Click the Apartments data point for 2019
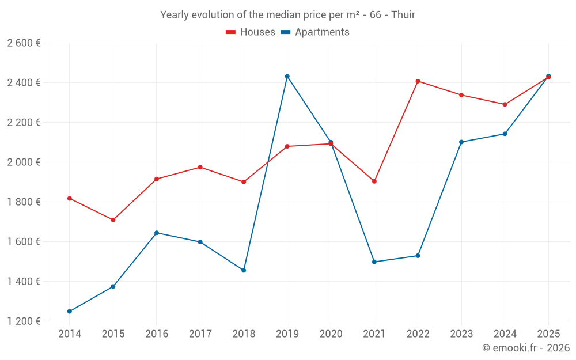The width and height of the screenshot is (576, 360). point(287,76)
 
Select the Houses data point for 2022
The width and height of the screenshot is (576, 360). point(418,81)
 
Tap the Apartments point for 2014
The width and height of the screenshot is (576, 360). point(70,312)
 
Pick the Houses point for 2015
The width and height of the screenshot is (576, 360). point(113,220)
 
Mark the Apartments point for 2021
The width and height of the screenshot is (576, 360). point(374,262)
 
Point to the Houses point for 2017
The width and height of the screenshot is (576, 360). point(200,167)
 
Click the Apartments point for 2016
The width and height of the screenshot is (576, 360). point(157,233)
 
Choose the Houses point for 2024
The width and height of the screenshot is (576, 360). point(505,104)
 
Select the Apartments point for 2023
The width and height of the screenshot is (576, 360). point(461,142)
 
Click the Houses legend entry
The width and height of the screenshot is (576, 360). point(251,32)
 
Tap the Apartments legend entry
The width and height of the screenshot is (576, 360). point(315,32)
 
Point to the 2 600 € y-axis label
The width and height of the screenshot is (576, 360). point(24,43)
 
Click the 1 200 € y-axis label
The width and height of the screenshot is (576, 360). point(24,321)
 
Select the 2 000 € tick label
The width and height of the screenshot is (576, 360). point(24,162)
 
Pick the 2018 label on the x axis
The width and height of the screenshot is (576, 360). point(244,334)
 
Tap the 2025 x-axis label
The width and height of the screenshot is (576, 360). point(548,334)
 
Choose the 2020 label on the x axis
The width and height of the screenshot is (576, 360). point(331,334)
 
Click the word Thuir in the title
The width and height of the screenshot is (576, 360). point(403,15)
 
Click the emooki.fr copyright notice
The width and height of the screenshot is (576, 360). point(526,348)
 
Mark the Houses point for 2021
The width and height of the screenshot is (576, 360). point(374,181)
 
